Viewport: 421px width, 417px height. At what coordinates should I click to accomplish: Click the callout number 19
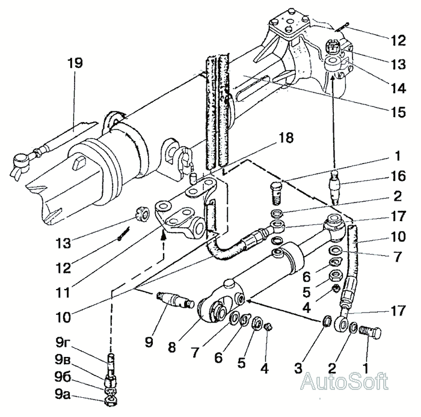click(78, 62)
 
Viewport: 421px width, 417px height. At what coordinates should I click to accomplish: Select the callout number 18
click(286, 139)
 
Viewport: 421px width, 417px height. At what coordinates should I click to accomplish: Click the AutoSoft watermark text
click(344, 381)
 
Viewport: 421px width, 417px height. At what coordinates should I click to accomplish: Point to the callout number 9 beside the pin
click(149, 342)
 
